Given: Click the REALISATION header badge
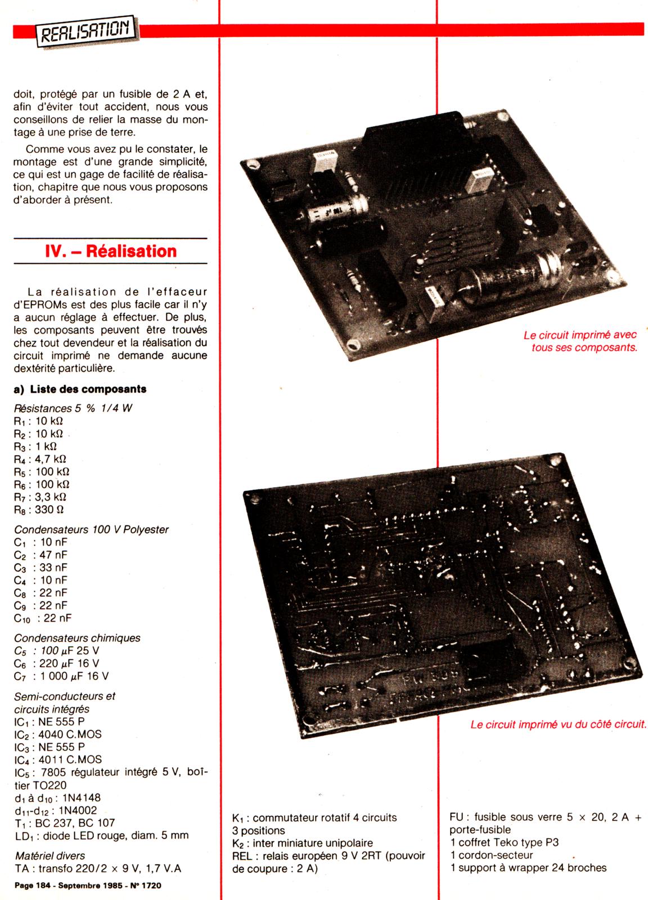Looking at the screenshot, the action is pyautogui.click(x=87, y=31).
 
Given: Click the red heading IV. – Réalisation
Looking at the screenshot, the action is pyautogui.click(x=111, y=251).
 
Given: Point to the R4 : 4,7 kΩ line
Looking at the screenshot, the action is pyautogui.click(x=40, y=459).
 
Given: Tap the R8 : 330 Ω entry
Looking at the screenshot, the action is pyautogui.click(x=39, y=510).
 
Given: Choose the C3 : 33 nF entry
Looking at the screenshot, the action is pyautogui.click(x=40, y=568).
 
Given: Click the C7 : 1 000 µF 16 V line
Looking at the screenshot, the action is pyautogui.click(x=61, y=676).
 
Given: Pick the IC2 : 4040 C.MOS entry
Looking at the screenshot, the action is pyautogui.click(x=58, y=734).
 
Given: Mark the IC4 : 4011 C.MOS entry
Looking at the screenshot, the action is pyautogui.click(x=58, y=759).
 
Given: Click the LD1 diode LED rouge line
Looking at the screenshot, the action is pyautogui.click(x=102, y=835).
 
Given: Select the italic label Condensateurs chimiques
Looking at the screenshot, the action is pyautogui.click(x=77, y=638).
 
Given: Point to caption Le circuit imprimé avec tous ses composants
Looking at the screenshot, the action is pyautogui.click(x=580, y=341).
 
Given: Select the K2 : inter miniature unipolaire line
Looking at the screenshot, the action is pyautogui.click(x=303, y=843).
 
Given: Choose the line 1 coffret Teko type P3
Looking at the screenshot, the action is pyautogui.click(x=504, y=842).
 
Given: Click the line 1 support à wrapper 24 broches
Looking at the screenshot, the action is pyautogui.click(x=528, y=867).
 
